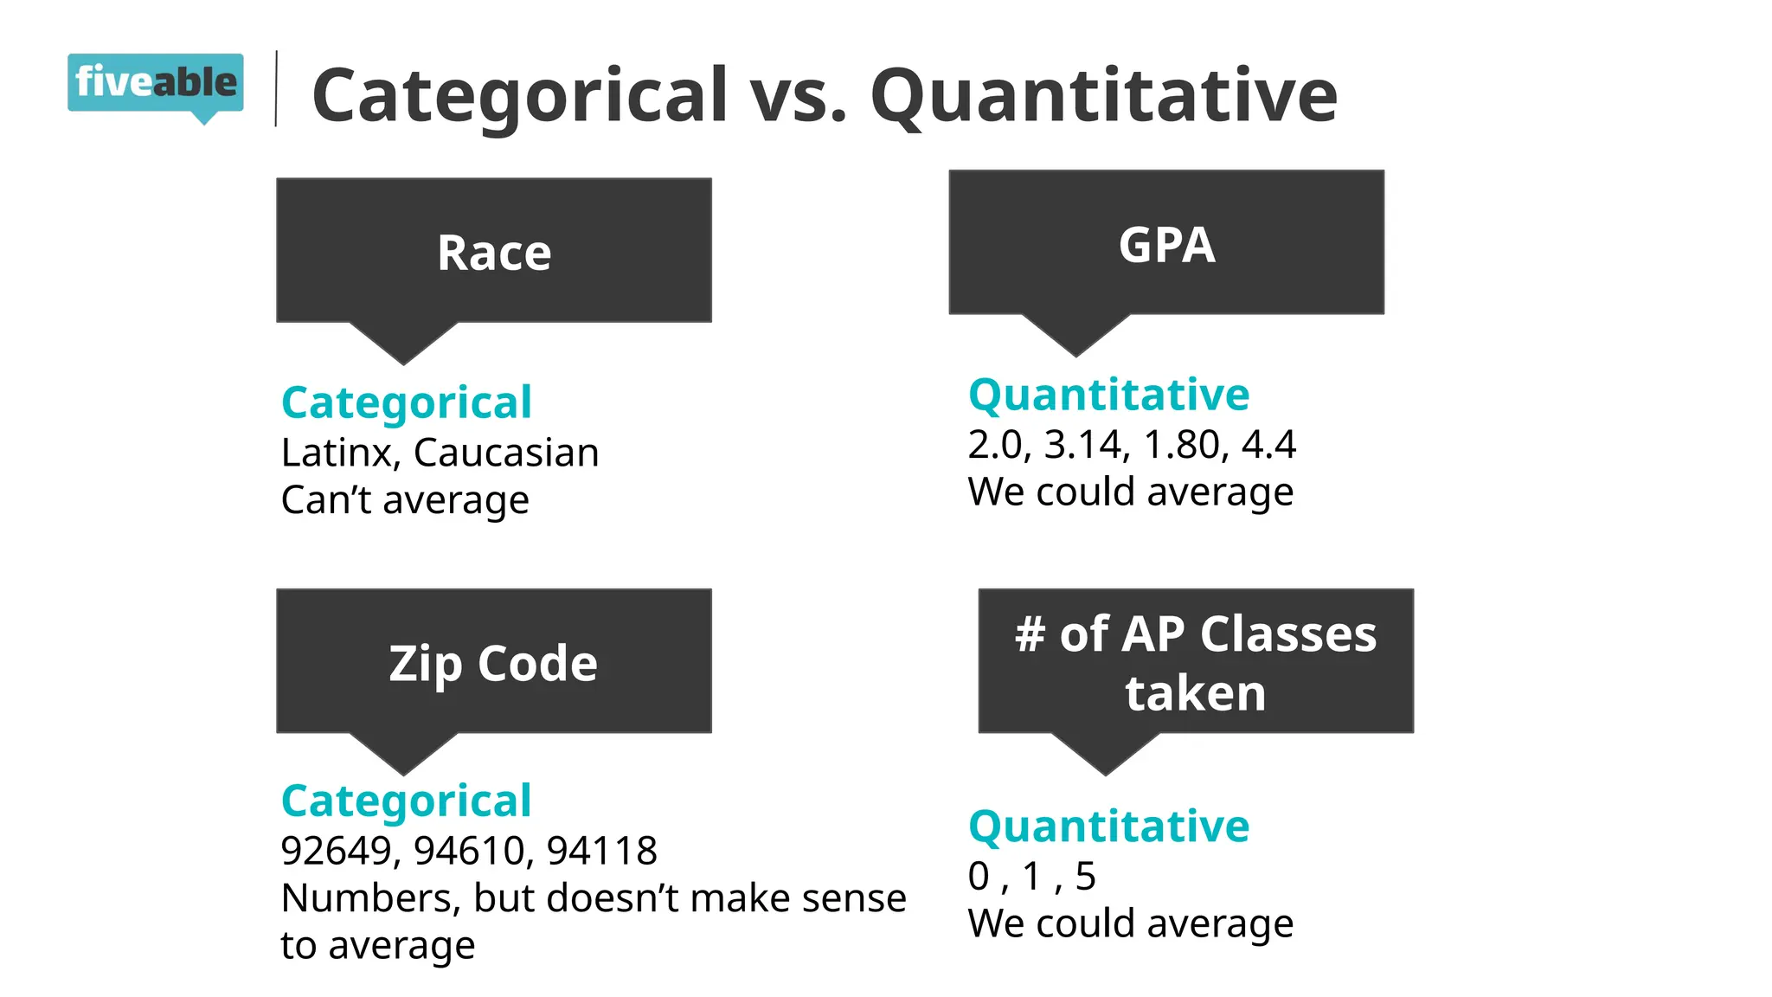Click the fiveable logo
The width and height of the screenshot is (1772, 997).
point(156,84)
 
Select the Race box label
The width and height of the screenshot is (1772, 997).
point(494,253)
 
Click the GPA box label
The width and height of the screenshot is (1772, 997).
point(1166,245)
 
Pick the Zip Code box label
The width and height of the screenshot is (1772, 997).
point(493,664)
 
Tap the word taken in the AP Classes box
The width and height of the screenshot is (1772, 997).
point(1195,693)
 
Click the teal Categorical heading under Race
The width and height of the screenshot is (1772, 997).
point(407,402)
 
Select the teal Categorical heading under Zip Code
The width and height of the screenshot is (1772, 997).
point(407,801)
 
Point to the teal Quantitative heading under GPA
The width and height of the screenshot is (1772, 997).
point(1108,395)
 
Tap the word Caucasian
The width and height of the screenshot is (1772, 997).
point(506,453)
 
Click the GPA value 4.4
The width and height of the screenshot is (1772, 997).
point(1268,445)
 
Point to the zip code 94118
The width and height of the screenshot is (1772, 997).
point(602,851)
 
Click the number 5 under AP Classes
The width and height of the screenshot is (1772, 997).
point(1086,877)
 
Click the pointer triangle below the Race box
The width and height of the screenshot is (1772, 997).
point(403,342)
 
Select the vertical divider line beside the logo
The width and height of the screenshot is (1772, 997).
point(276,89)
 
